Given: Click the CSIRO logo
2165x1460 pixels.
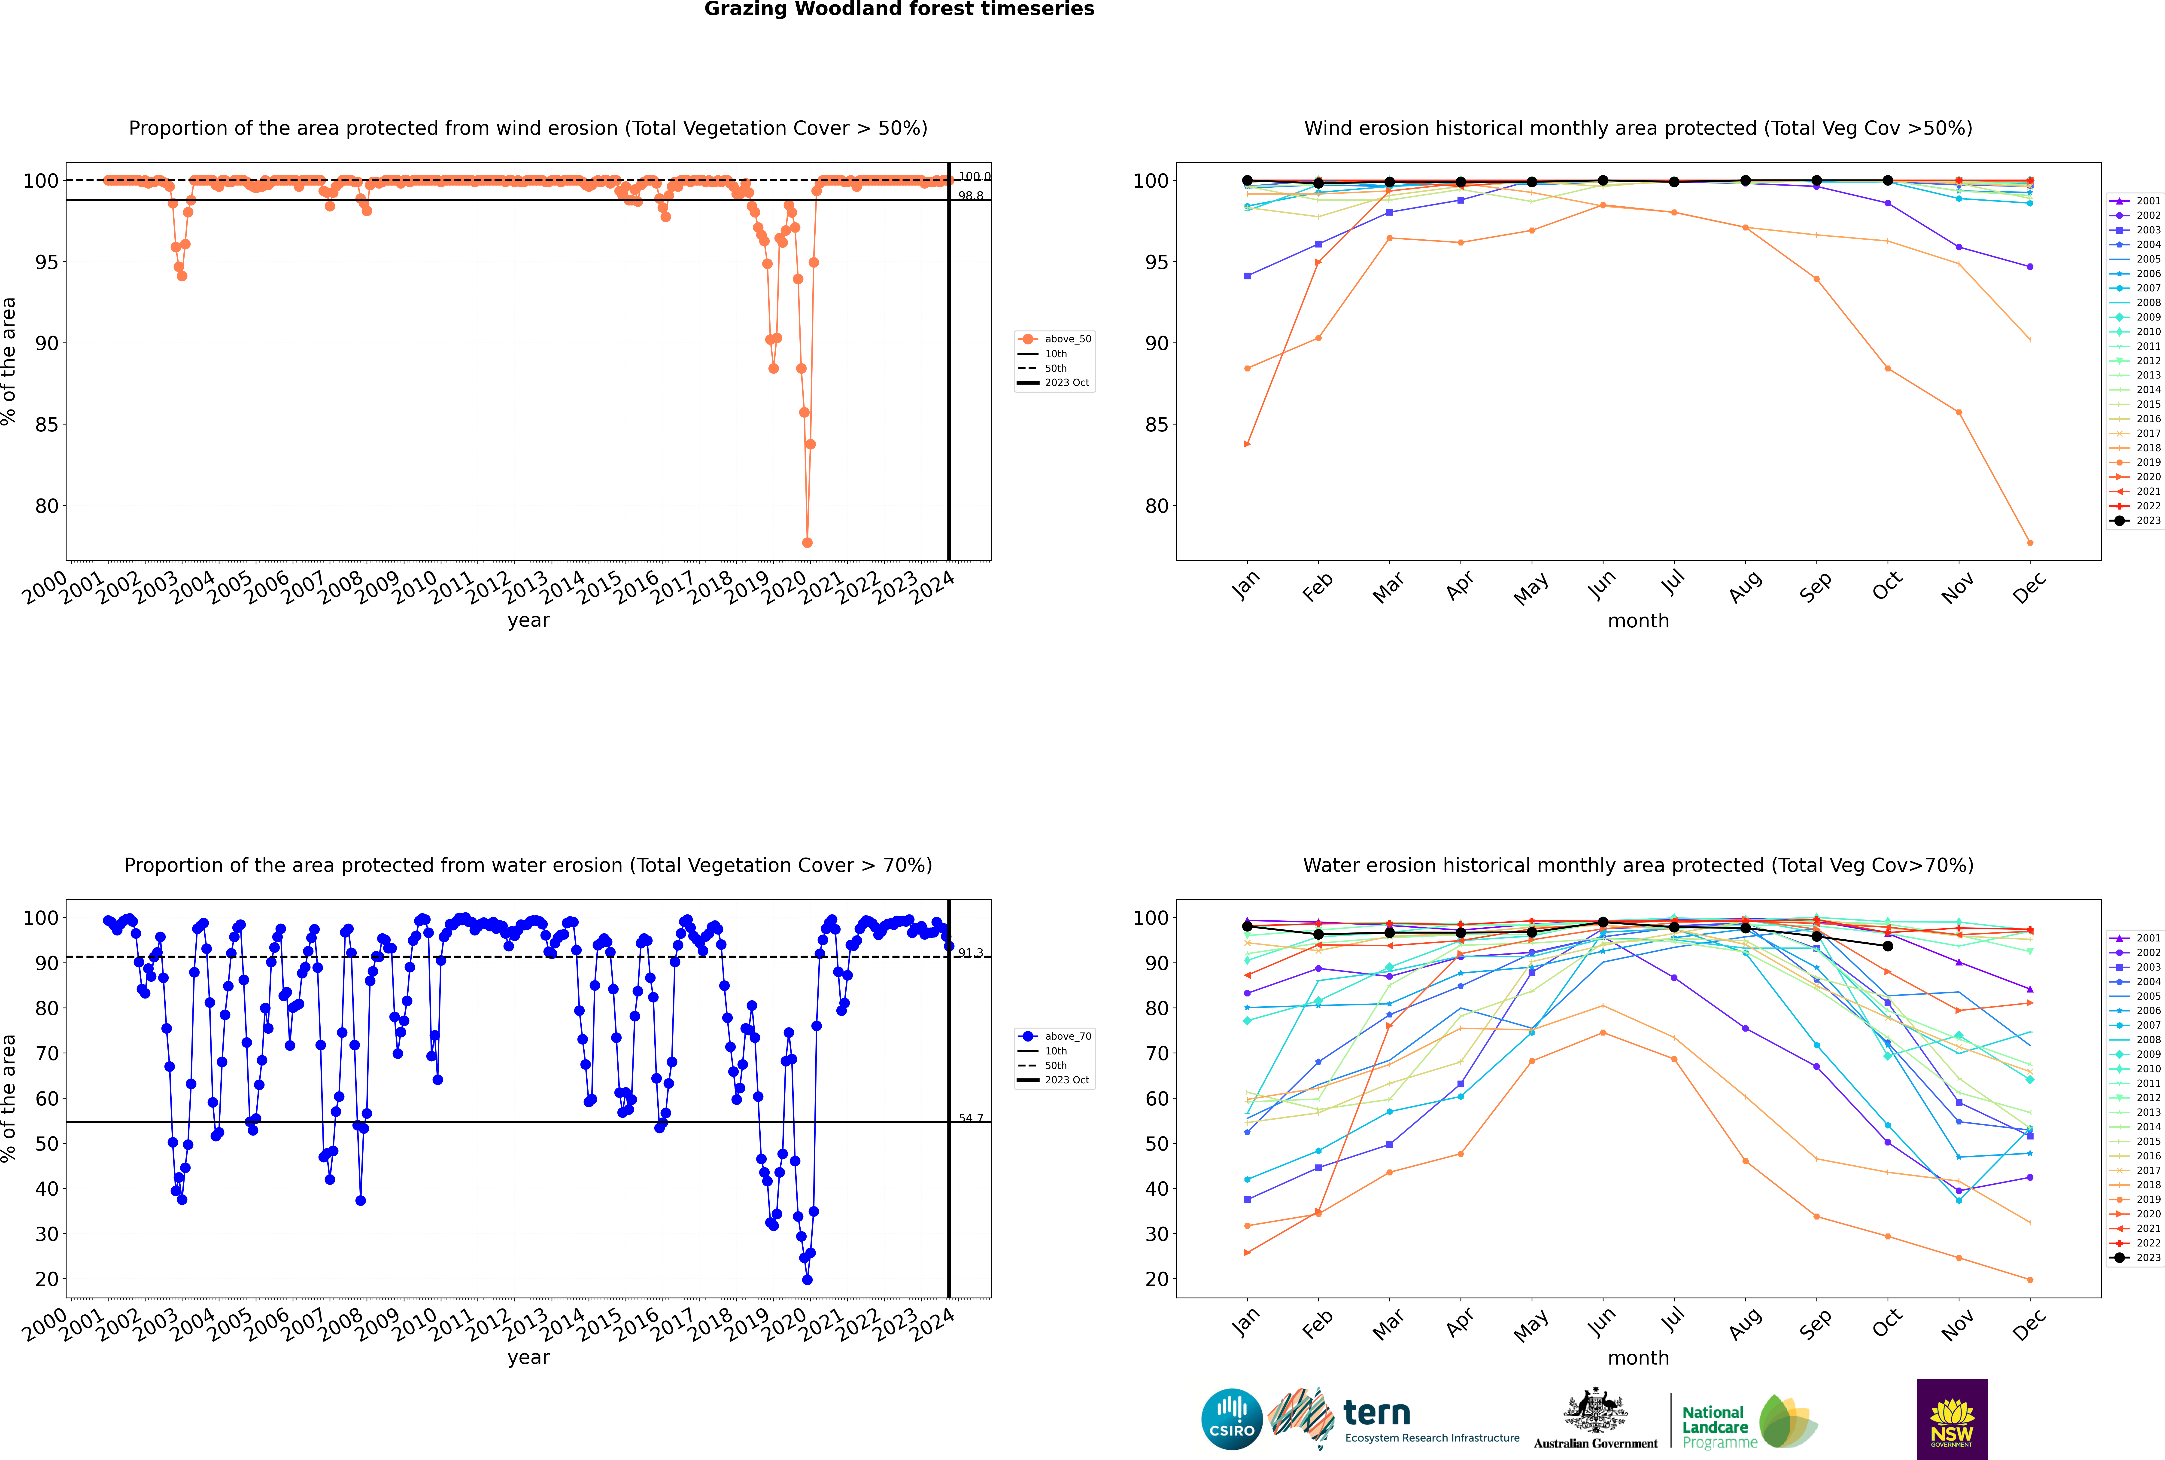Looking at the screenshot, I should (x=1231, y=1419).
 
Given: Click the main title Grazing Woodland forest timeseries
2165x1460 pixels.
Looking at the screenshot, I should (x=899, y=9).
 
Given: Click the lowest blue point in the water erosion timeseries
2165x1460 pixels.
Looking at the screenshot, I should (x=807, y=1279).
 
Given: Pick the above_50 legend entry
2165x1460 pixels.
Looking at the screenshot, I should (x=1067, y=339).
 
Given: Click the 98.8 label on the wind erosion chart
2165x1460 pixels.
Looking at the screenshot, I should (x=971, y=195).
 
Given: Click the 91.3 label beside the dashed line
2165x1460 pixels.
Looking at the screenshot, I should (x=971, y=953).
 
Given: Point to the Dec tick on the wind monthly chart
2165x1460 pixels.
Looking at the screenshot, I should (x=2029, y=586).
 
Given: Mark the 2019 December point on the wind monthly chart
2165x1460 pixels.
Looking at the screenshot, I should (x=2030, y=543).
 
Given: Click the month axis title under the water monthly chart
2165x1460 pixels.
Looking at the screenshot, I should (x=1638, y=1358).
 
